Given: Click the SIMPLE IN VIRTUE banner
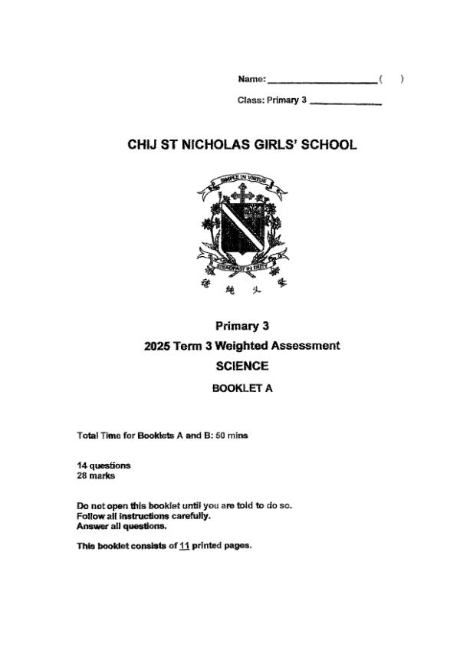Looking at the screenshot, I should click(x=242, y=181).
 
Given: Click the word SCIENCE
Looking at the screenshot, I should click(x=242, y=367).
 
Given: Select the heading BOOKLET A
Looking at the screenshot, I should click(x=242, y=388).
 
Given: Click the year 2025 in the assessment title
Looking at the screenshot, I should click(x=158, y=346).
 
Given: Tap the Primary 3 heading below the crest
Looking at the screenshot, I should click(x=242, y=326).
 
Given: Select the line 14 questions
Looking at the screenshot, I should click(x=103, y=465).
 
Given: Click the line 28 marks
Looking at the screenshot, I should click(x=96, y=475).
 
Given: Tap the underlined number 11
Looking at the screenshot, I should click(x=184, y=546).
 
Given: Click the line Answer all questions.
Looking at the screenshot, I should click(x=122, y=526).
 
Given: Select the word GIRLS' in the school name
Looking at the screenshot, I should click(x=284, y=145).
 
